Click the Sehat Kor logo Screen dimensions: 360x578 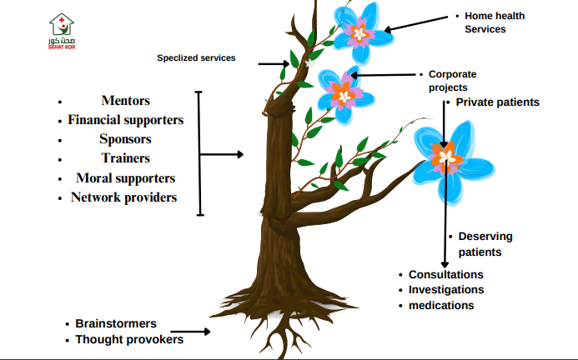click(63, 32)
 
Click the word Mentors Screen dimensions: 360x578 click(125, 101)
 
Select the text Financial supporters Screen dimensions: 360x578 click(125, 120)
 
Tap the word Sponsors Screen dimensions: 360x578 click(125, 139)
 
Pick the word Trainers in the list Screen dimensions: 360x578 click(125, 158)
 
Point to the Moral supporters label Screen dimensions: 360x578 click(125, 178)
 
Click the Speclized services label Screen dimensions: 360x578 click(196, 58)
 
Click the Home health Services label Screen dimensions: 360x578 click(495, 22)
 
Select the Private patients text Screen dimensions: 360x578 click(497, 102)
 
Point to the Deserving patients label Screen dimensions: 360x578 click(485, 243)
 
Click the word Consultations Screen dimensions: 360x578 click(445, 274)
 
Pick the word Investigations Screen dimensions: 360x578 click(445, 290)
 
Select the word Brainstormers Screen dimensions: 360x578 click(116, 323)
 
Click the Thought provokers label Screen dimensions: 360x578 click(129, 339)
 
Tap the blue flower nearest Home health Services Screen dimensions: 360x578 click(359, 32)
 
